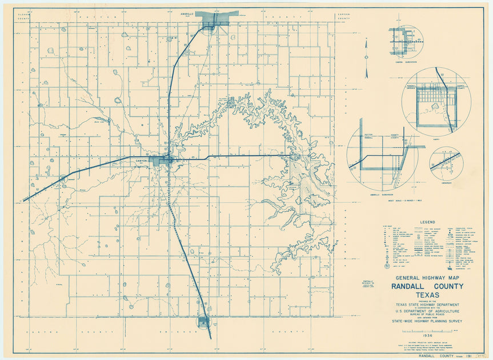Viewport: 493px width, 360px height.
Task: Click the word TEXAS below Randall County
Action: pos(427,295)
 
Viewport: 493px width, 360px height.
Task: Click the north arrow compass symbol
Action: pos(367,57)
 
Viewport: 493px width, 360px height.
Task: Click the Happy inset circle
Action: pos(436,102)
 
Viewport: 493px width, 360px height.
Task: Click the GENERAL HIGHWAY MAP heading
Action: pos(427,278)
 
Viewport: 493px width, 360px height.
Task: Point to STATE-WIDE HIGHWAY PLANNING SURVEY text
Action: pos(427,321)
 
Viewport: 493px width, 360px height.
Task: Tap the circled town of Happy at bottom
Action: pos(203,322)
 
